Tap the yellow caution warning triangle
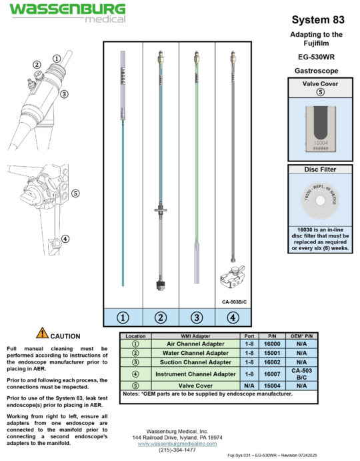[x=42, y=332]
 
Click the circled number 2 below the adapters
[x=160, y=318]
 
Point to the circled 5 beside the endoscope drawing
[x=75, y=193]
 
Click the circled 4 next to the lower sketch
[x=65, y=239]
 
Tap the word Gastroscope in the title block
[x=317, y=69]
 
